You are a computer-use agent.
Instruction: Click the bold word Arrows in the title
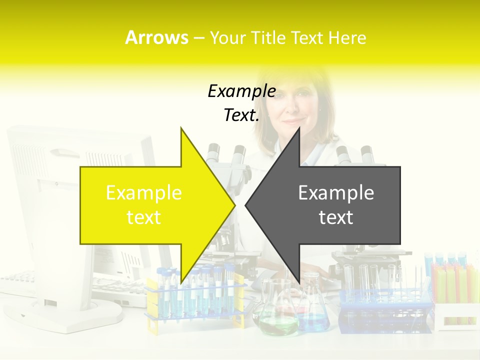coord(156,37)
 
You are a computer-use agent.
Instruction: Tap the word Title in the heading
coord(269,37)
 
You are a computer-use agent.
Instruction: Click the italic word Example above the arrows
coord(241,91)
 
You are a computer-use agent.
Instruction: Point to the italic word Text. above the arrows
coord(241,115)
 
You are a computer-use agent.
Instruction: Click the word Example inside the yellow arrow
coord(144,192)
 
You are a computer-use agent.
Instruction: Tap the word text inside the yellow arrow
coord(144,217)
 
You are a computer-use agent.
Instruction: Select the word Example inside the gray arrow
coord(336,192)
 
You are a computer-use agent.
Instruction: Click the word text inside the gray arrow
coord(336,217)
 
